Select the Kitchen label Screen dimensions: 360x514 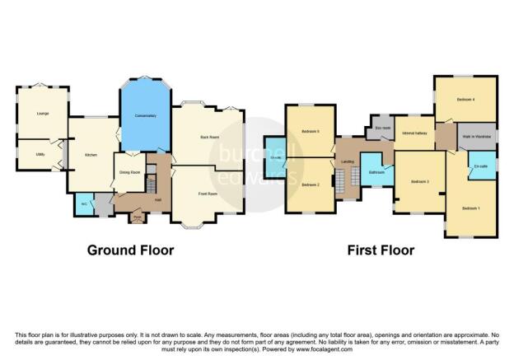coord(92,153)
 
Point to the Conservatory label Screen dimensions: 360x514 coord(145,116)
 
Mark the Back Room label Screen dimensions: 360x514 coord(209,138)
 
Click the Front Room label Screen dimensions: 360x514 coord(208,194)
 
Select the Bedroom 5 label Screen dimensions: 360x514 coord(310,132)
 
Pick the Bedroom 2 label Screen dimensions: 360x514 coord(310,185)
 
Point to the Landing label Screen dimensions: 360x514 coord(348,162)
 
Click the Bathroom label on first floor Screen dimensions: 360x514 coord(377,172)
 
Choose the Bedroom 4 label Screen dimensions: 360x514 coord(465,100)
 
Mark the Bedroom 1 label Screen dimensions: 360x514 coord(471,207)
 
